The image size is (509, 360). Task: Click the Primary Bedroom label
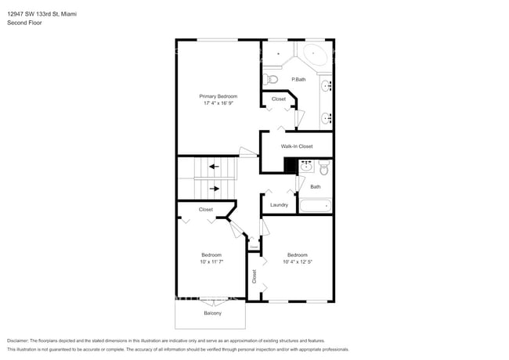click(x=218, y=95)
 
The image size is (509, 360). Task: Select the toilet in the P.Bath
click(x=271, y=78)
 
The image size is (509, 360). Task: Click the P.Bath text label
click(x=298, y=79)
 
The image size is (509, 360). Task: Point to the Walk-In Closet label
click(x=297, y=146)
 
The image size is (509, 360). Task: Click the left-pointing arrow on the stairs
click(x=214, y=167)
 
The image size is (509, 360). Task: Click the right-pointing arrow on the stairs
click(x=214, y=188)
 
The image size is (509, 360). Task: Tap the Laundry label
click(x=279, y=205)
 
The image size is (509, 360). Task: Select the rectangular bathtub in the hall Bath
click(x=316, y=207)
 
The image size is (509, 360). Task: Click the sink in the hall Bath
click(x=306, y=166)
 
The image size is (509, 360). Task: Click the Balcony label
click(x=212, y=313)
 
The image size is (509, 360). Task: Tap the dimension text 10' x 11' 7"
click(x=211, y=261)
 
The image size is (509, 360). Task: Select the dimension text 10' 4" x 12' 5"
click(x=297, y=261)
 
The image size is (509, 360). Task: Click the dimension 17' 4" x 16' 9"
click(x=218, y=103)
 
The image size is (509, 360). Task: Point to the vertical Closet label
click(x=254, y=276)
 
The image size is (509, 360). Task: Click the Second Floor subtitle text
click(x=25, y=23)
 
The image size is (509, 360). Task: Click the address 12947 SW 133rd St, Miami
click(x=47, y=14)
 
